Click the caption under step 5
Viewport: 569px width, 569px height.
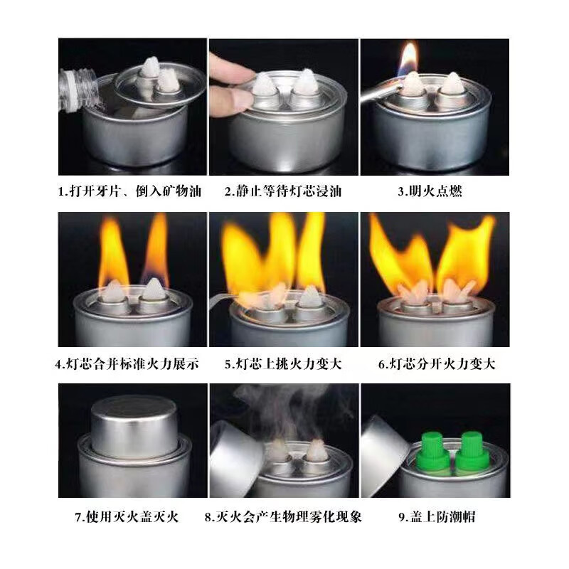[283, 364]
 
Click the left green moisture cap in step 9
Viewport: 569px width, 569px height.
[435, 450]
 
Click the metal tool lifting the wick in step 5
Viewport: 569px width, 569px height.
[226, 297]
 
